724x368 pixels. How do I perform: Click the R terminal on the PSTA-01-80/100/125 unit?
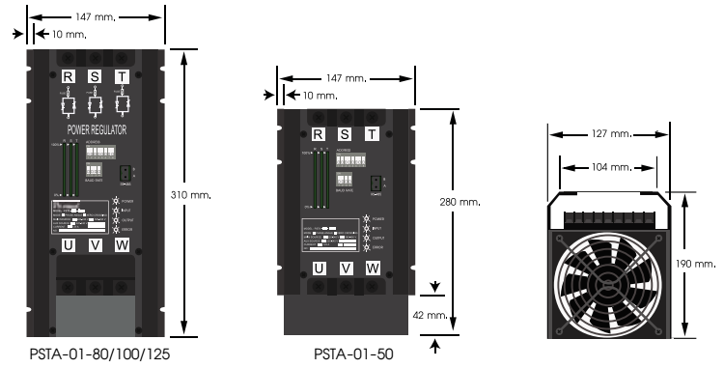coord(68,76)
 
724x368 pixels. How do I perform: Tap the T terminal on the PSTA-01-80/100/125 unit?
coord(122,76)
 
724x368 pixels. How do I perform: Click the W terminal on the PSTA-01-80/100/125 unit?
coord(122,245)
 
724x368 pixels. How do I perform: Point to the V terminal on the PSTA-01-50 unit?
coord(346,268)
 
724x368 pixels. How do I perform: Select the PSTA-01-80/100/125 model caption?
coord(95,354)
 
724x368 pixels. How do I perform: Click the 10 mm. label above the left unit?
coord(65,34)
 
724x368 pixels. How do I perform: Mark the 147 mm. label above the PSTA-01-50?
coord(347,77)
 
